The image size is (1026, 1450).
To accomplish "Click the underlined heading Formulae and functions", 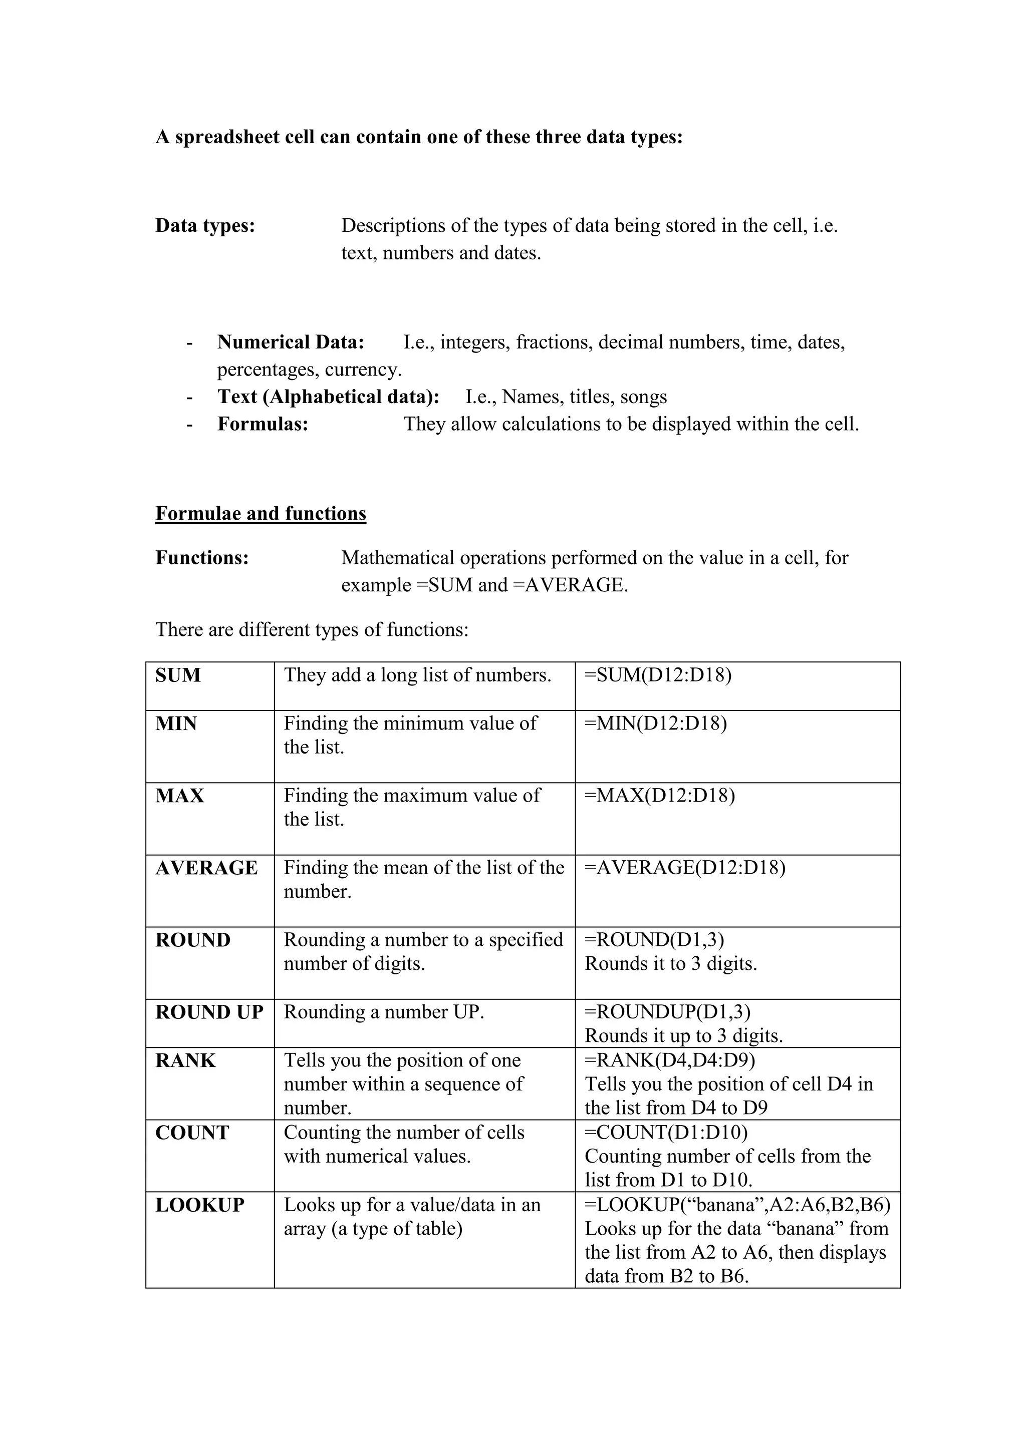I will [x=261, y=513].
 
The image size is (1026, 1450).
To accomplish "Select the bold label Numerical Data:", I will [x=291, y=342].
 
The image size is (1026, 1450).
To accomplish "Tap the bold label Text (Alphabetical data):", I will [x=328, y=397].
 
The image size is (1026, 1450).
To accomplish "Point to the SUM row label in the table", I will [x=178, y=675].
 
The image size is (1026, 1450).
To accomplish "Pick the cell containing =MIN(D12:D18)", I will [x=656, y=723].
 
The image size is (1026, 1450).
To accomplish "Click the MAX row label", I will [x=179, y=796].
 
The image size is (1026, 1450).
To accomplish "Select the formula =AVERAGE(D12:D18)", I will [x=685, y=868].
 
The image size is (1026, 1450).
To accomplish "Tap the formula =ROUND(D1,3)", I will [x=654, y=940].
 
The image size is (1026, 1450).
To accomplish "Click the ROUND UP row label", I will [x=209, y=1012].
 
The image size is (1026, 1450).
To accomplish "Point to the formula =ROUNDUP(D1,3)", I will [x=667, y=1012].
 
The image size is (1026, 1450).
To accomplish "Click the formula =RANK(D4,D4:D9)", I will [x=670, y=1060].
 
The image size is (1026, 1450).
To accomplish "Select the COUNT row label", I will [x=192, y=1133].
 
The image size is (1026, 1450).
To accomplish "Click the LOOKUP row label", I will [x=200, y=1205].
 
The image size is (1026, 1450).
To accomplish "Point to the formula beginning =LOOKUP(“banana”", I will [x=736, y=1205].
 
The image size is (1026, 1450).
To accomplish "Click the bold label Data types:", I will [x=205, y=225].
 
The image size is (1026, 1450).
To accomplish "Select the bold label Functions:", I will [x=202, y=558].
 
